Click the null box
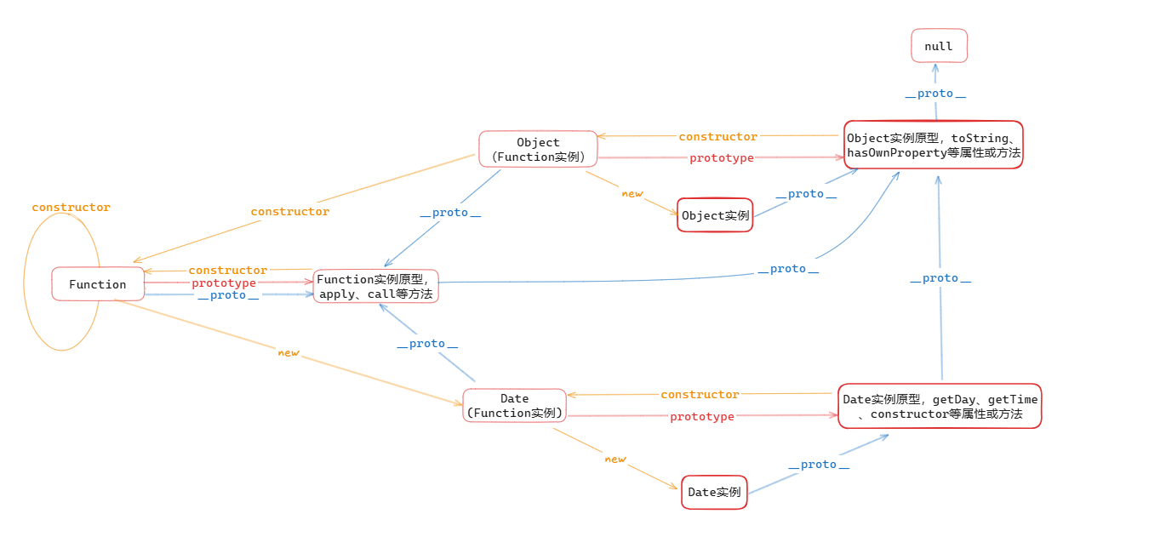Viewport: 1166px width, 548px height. [x=939, y=46]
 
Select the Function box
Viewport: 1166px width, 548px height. [x=98, y=284]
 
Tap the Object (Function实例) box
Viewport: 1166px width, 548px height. [x=538, y=150]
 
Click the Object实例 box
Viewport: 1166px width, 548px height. [x=715, y=215]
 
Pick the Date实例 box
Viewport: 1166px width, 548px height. [x=714, y=492]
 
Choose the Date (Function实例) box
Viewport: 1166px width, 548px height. [x=514, y=405]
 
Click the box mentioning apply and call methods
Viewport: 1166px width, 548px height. [x=375, y=286]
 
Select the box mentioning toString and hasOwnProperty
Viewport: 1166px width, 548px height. [x=934, y=145]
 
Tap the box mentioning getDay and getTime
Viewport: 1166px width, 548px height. [x=940, y=406]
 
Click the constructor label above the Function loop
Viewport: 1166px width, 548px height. [x=71, y=207]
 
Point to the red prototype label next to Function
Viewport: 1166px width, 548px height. [x=224, y=283]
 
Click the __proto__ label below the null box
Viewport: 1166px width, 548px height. [x=935, y=94]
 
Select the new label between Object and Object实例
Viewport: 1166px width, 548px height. [x=632, y=194]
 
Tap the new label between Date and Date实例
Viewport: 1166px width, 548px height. [x=615, y=459]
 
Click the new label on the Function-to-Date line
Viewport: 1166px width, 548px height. [x=289, y=353]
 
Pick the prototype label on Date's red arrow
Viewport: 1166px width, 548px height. [x=702, y=416]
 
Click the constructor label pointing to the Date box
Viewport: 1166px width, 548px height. [x=700, y=395]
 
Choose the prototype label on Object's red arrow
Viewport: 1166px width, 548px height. [x=722, y=157]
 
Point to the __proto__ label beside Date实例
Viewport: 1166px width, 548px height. [x=819, y=465]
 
